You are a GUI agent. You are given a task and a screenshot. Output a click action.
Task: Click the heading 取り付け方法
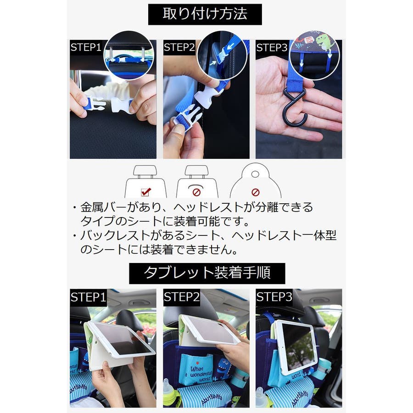coord(205,14)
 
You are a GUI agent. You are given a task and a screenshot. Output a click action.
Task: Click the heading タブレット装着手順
coord(207,273)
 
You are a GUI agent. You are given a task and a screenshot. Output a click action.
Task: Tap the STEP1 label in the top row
coord(86,47)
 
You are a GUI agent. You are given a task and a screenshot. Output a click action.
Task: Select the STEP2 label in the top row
coord(179,47)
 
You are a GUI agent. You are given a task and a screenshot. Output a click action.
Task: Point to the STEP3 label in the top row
coord(272,48)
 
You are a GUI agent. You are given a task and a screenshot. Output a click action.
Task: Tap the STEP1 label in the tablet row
coord(88,297)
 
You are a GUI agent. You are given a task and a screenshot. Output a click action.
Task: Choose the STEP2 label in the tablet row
coord(181,297)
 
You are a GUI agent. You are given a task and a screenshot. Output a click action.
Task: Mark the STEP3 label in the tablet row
coord(274,297)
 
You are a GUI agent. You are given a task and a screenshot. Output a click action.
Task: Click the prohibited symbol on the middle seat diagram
coord(196,192)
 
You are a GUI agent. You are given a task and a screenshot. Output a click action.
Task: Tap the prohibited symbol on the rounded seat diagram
coord(255,192)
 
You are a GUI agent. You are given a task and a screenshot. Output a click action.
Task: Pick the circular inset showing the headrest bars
coord(128,56)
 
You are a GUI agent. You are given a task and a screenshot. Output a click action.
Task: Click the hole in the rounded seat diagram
coord(255,174)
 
